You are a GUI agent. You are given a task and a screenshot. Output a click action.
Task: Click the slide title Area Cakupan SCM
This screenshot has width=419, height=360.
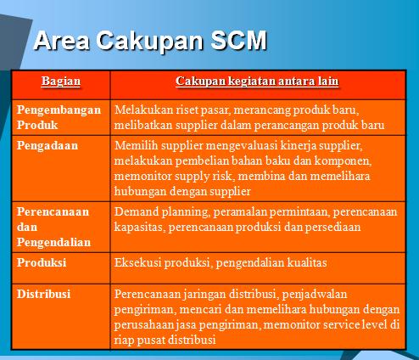point(148,40)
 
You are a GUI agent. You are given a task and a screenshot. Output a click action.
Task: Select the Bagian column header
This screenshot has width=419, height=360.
point(61,81)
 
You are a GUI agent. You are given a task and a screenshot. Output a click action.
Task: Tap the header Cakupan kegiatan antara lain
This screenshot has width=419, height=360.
point(258,81)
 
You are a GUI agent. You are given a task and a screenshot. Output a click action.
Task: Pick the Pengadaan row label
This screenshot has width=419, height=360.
point(47,145)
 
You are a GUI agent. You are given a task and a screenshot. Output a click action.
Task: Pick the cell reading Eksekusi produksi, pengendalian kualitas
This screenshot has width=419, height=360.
point(220,263)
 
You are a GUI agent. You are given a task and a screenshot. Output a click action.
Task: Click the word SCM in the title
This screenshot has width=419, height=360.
point(231,40)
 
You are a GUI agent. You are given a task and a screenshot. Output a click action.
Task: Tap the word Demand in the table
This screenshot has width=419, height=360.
point(135,211)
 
